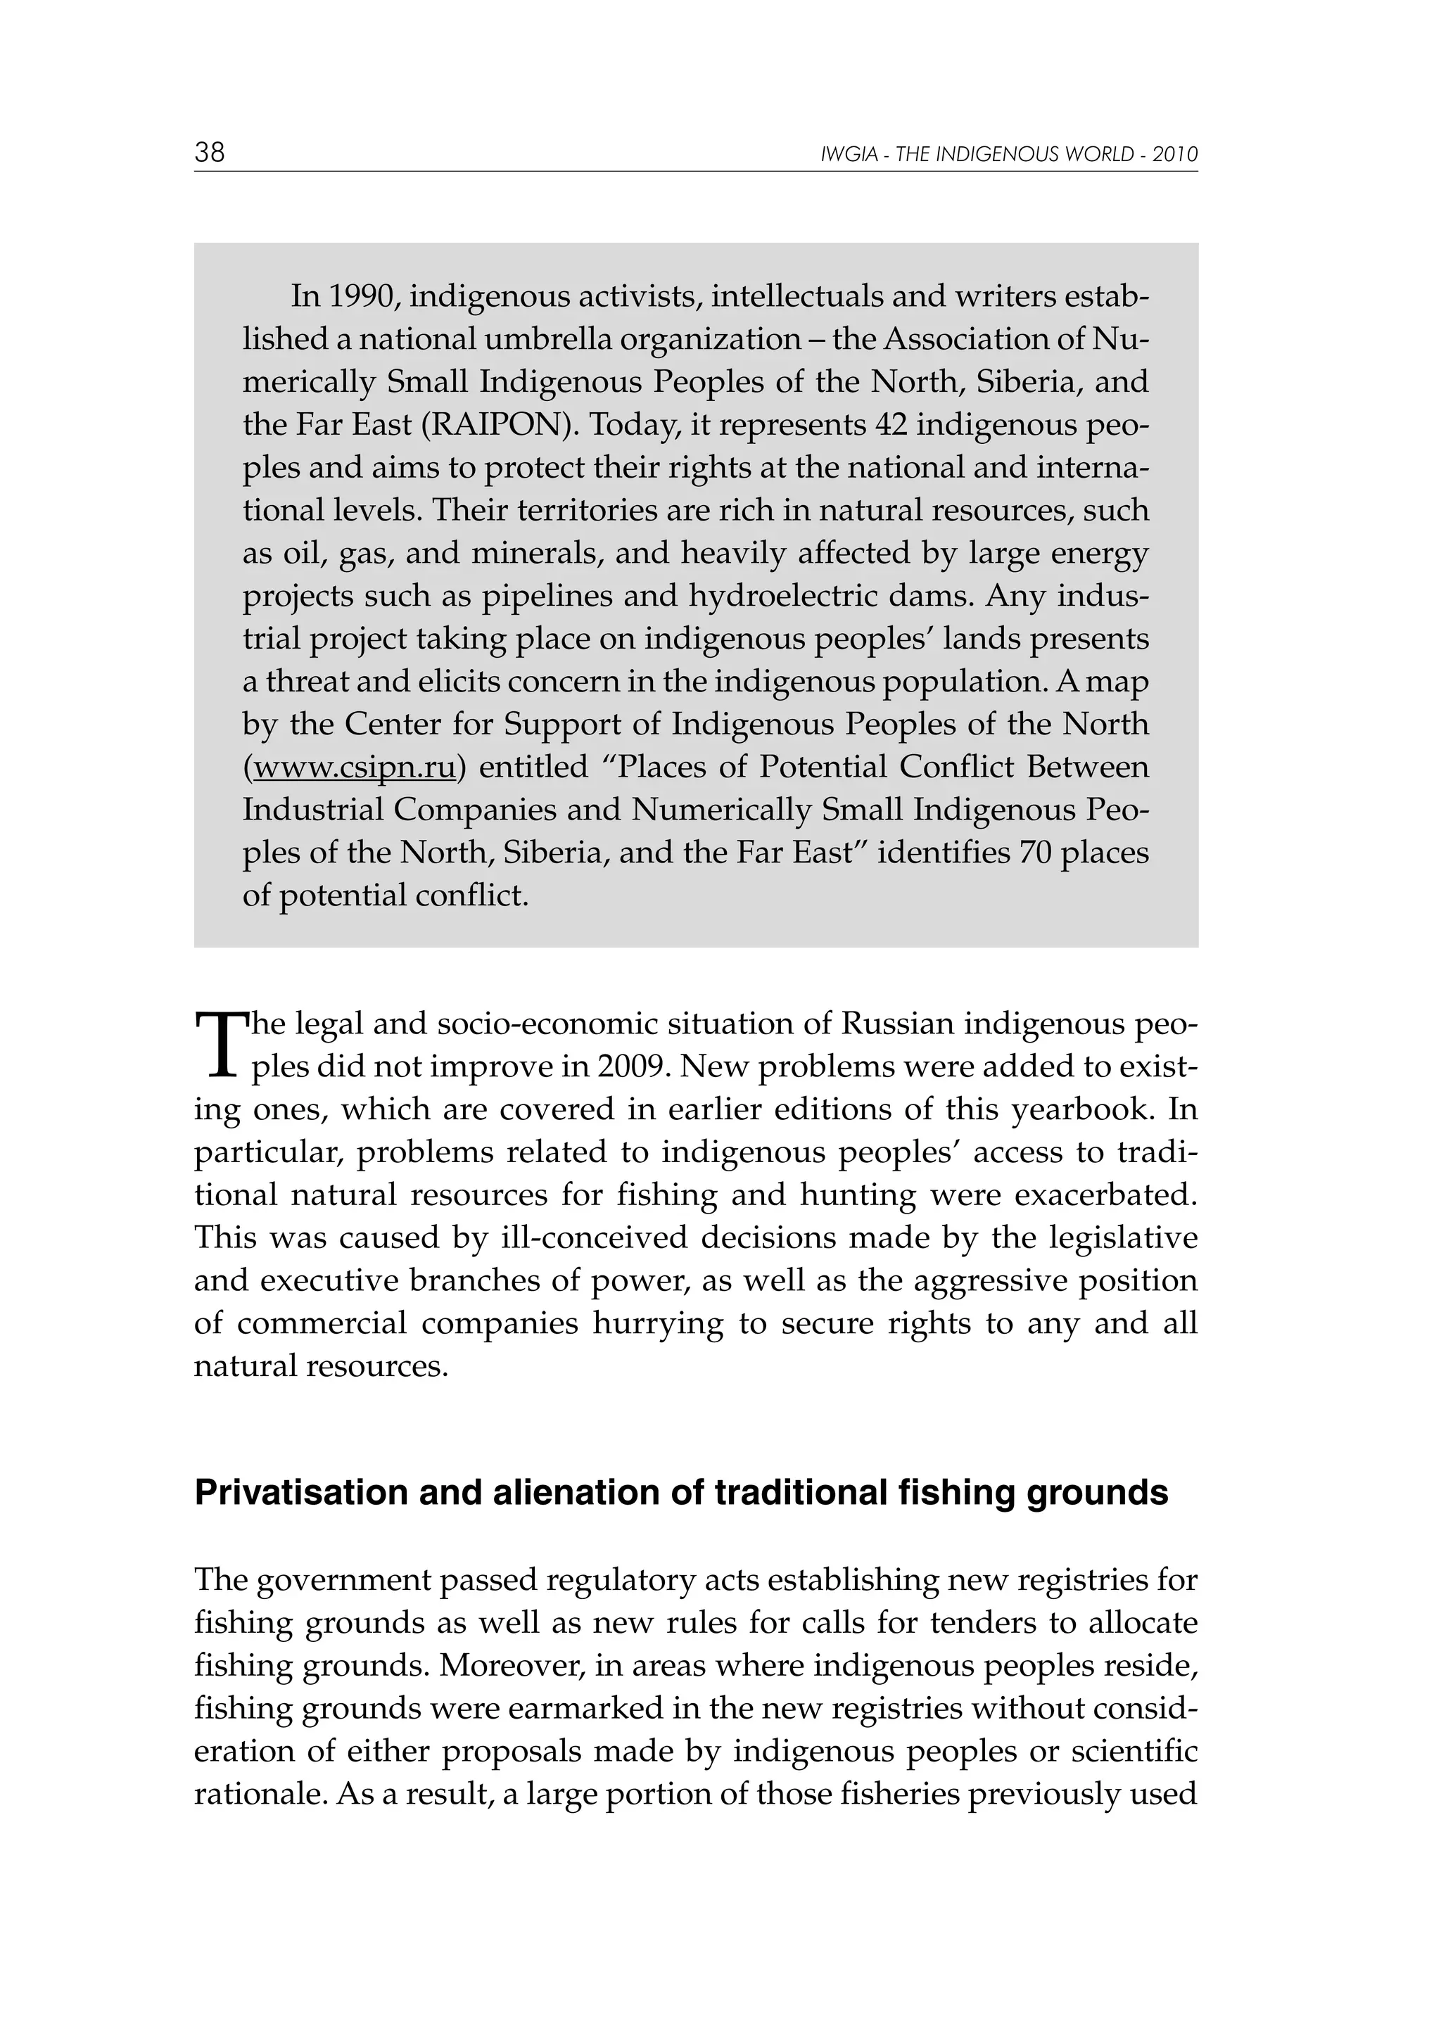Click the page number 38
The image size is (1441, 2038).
click(210, 153)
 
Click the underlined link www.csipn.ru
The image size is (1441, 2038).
click(354, 766)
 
